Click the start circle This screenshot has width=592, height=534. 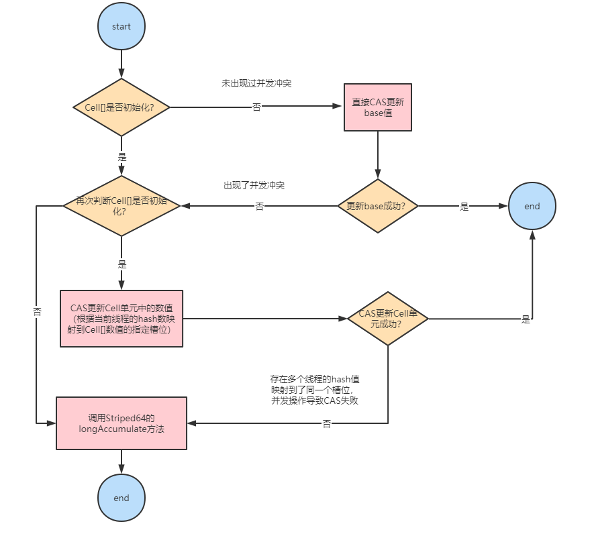(x=121, y=27)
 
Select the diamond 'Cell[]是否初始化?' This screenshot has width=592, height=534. (x=121, y=107)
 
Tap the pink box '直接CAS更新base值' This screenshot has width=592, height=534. (x=377, y=107)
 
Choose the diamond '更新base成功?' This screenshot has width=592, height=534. (x=377, y=206)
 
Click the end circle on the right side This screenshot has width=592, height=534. (x=532, y=206)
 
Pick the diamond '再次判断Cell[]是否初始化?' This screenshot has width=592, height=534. (x=121, y=206)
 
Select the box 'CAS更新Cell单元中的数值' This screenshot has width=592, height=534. (x=121, y=318)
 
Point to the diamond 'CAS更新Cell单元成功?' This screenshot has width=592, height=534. (x=388, y=318)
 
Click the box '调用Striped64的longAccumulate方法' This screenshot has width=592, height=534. (x=121, y=423)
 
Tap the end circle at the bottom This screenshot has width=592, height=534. (x=121, y=498)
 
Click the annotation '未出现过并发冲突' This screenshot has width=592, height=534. (x=256, y=84)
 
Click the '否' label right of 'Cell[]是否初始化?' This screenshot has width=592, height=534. (x=256, y=107)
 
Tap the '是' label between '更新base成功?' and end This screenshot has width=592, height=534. (x=464, y=207)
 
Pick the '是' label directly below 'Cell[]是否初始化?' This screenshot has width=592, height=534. (x=121, y=157)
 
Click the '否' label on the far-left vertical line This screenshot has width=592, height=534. (x=37, y=312)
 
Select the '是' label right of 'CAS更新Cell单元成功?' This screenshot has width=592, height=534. (x=526, y=319)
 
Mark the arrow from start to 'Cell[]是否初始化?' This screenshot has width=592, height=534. (x=121, y=64)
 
